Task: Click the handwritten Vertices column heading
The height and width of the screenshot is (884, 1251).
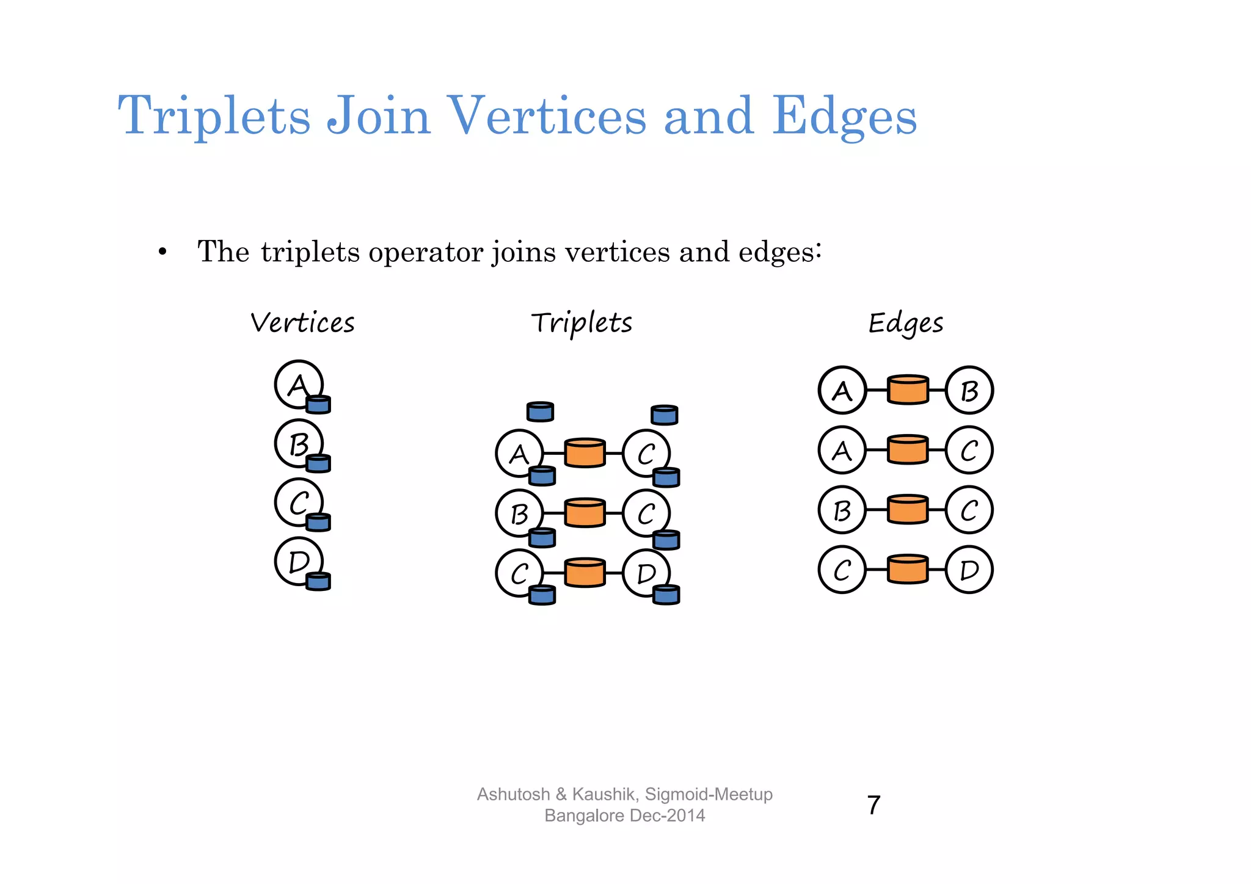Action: pos(302,323)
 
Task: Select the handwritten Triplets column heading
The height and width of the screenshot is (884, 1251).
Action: pos(582,323)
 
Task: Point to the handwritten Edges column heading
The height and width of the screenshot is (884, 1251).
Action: pos(906,323)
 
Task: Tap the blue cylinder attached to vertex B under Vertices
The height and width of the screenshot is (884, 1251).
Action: pos(318,463)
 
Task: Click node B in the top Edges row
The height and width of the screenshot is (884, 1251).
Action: pos(969,390)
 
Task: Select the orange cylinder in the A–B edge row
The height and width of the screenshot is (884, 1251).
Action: pos(908,390)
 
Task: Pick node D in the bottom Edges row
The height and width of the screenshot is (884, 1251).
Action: pos(969,570)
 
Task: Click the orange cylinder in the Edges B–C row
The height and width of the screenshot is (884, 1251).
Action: pos(908,510)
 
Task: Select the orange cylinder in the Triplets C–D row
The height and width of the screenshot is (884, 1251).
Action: pos(585,573)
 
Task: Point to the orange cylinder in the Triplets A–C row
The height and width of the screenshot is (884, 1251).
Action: pos(585,453)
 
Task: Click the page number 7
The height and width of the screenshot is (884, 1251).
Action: pos(874,805)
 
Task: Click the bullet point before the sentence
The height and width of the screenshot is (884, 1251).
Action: pos(162,252)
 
